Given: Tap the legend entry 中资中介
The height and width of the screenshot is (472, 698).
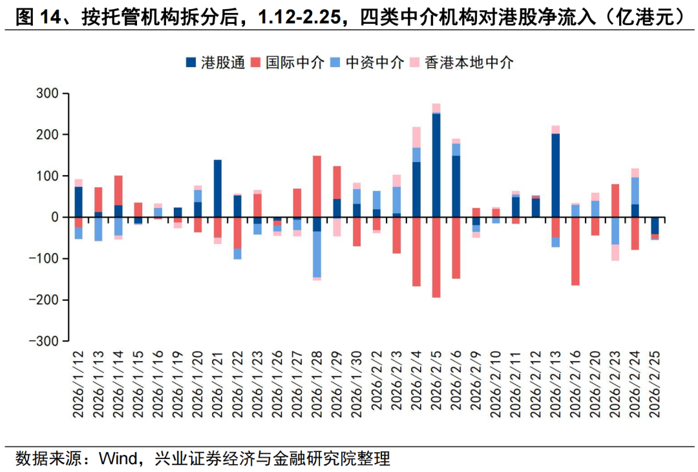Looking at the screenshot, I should click(375, 63).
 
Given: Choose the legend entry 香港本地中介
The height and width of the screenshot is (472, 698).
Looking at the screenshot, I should click(469, 63).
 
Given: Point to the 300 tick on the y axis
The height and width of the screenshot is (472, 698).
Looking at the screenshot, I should click(49, 94).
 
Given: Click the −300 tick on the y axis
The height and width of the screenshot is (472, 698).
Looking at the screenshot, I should click(47, 341).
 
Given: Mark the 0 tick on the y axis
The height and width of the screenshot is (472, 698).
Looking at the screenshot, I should click(55, 218).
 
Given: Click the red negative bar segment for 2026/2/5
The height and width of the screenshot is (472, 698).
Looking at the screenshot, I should click(436, 257).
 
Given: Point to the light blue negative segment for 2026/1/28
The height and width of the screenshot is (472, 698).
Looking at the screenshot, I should click(317, 254).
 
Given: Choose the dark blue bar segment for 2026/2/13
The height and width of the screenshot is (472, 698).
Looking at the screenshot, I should click(555, 175).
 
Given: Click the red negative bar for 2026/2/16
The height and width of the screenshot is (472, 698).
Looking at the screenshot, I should click(575, 251).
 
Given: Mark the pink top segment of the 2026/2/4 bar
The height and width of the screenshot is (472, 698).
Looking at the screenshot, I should click(416, 137).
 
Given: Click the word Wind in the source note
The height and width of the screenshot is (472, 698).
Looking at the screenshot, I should click(116, 460).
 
